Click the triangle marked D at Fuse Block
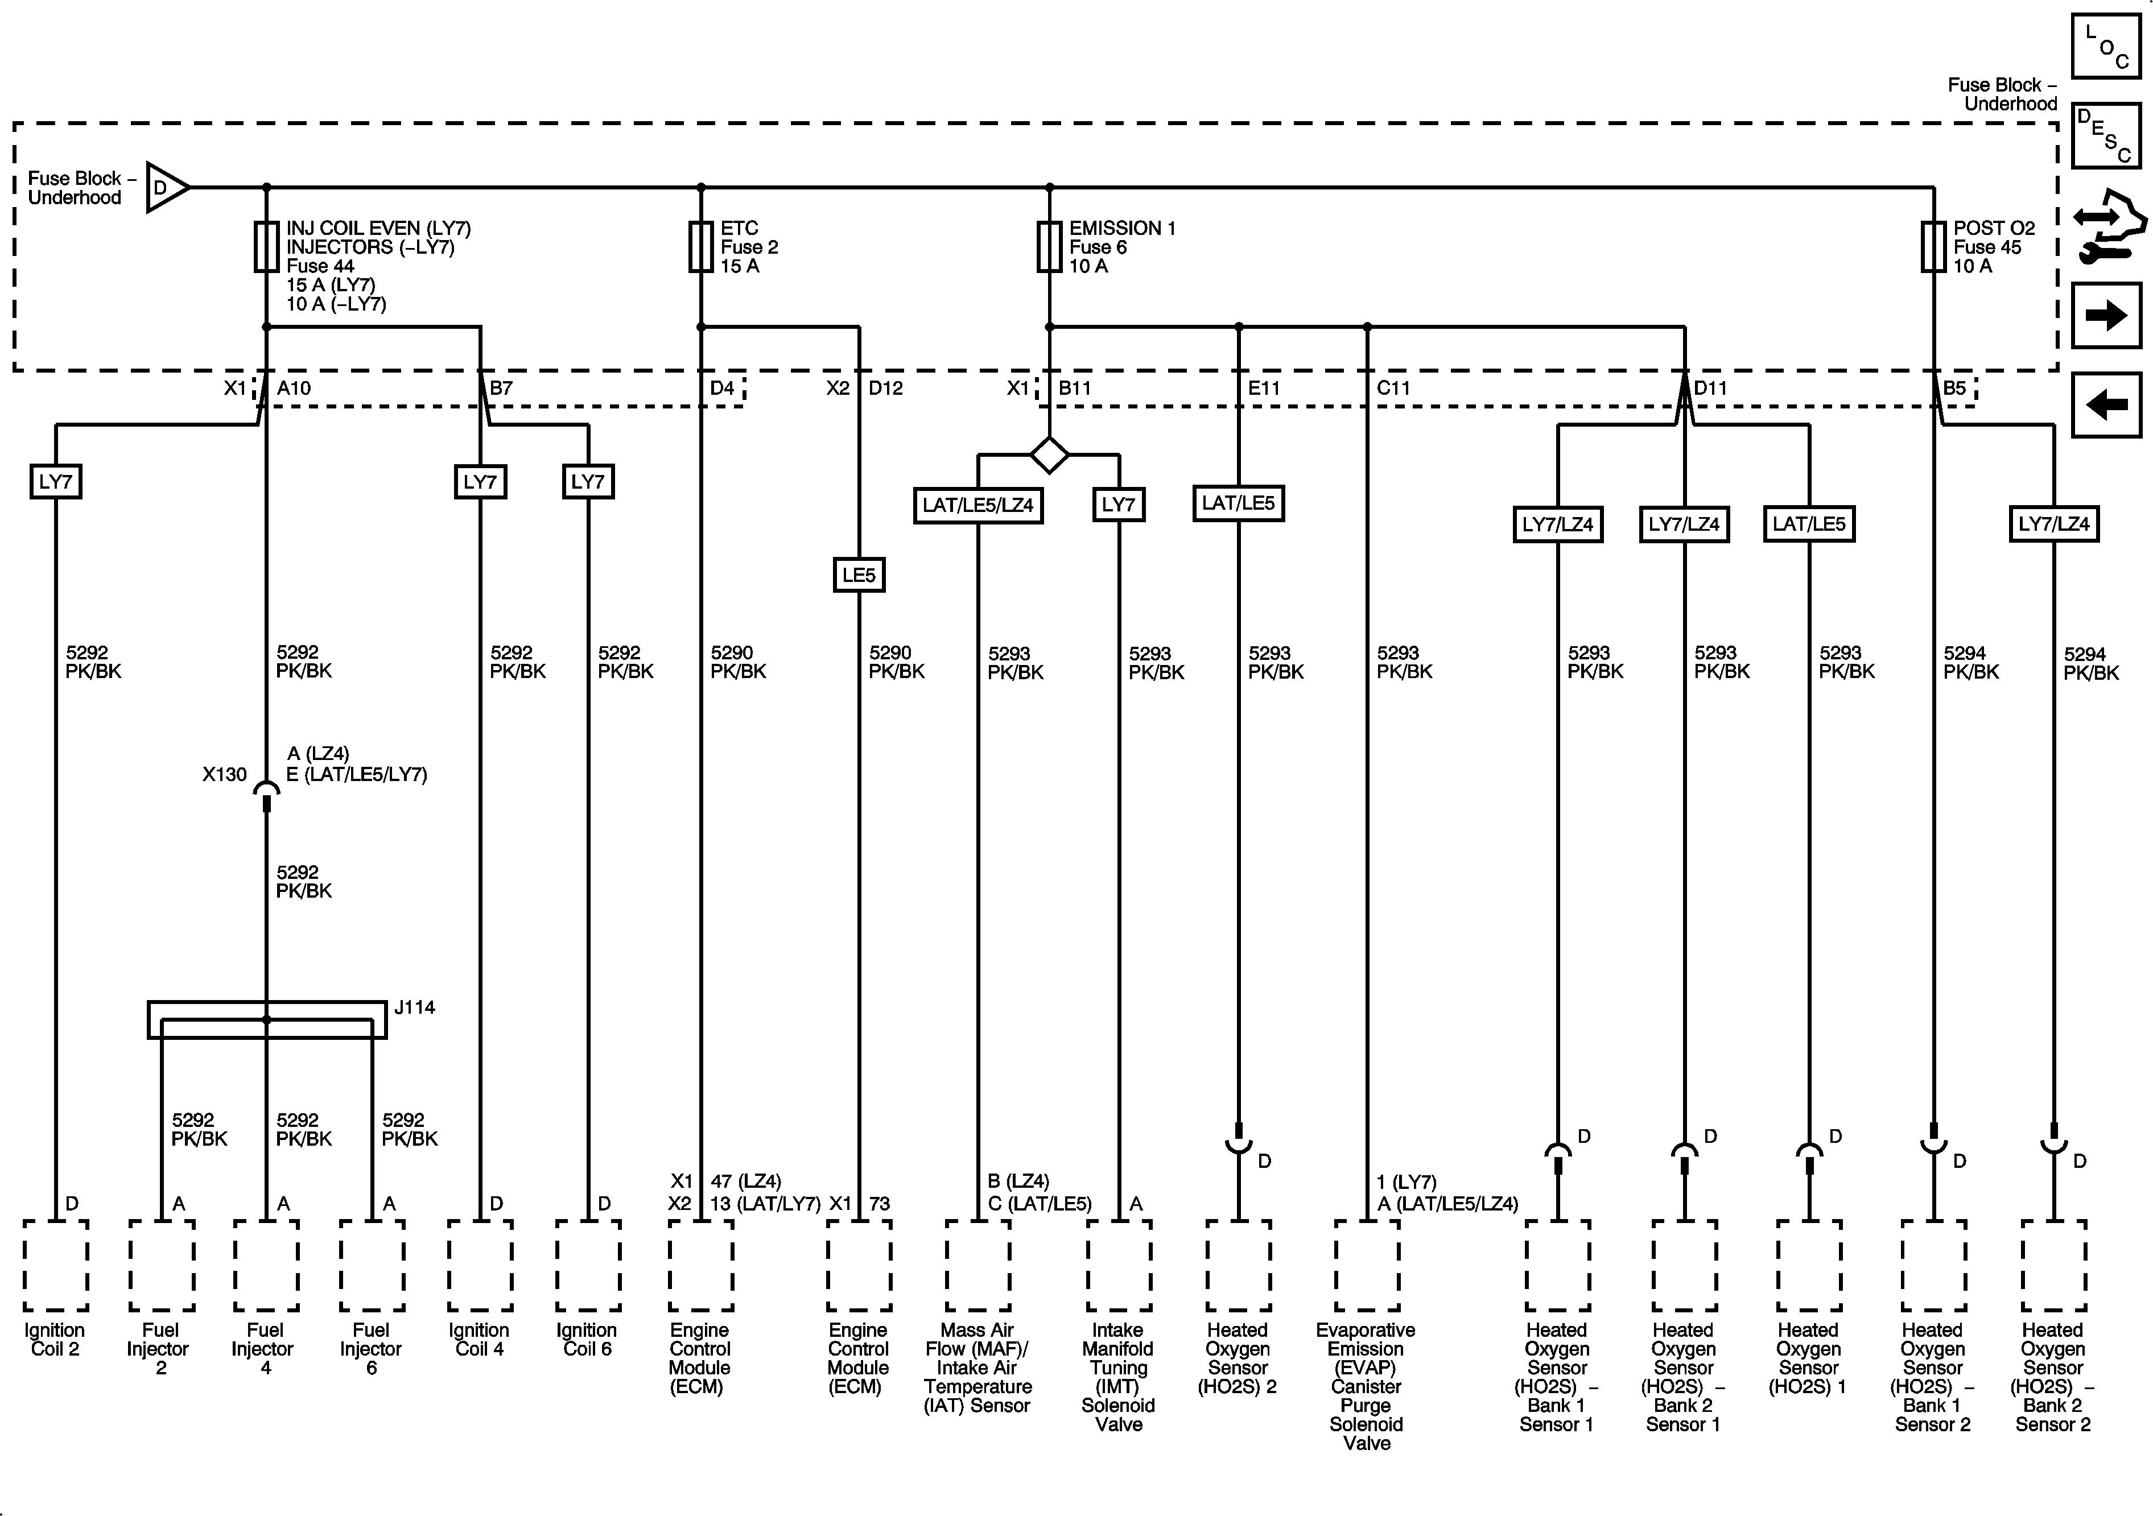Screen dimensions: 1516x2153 (x=167, y=188)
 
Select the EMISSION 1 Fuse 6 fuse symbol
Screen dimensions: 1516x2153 (x=1049, y=246)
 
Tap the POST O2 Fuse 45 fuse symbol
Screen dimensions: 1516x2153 (x=1933, y=246)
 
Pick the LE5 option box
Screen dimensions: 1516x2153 (x=859, y=575)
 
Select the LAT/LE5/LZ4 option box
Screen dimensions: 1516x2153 (x=978, y=505)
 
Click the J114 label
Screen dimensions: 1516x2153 (x=414, y=1008)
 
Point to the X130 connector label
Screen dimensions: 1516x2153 (x=224, y=774)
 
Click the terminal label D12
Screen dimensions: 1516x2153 (x=885, y=388)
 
